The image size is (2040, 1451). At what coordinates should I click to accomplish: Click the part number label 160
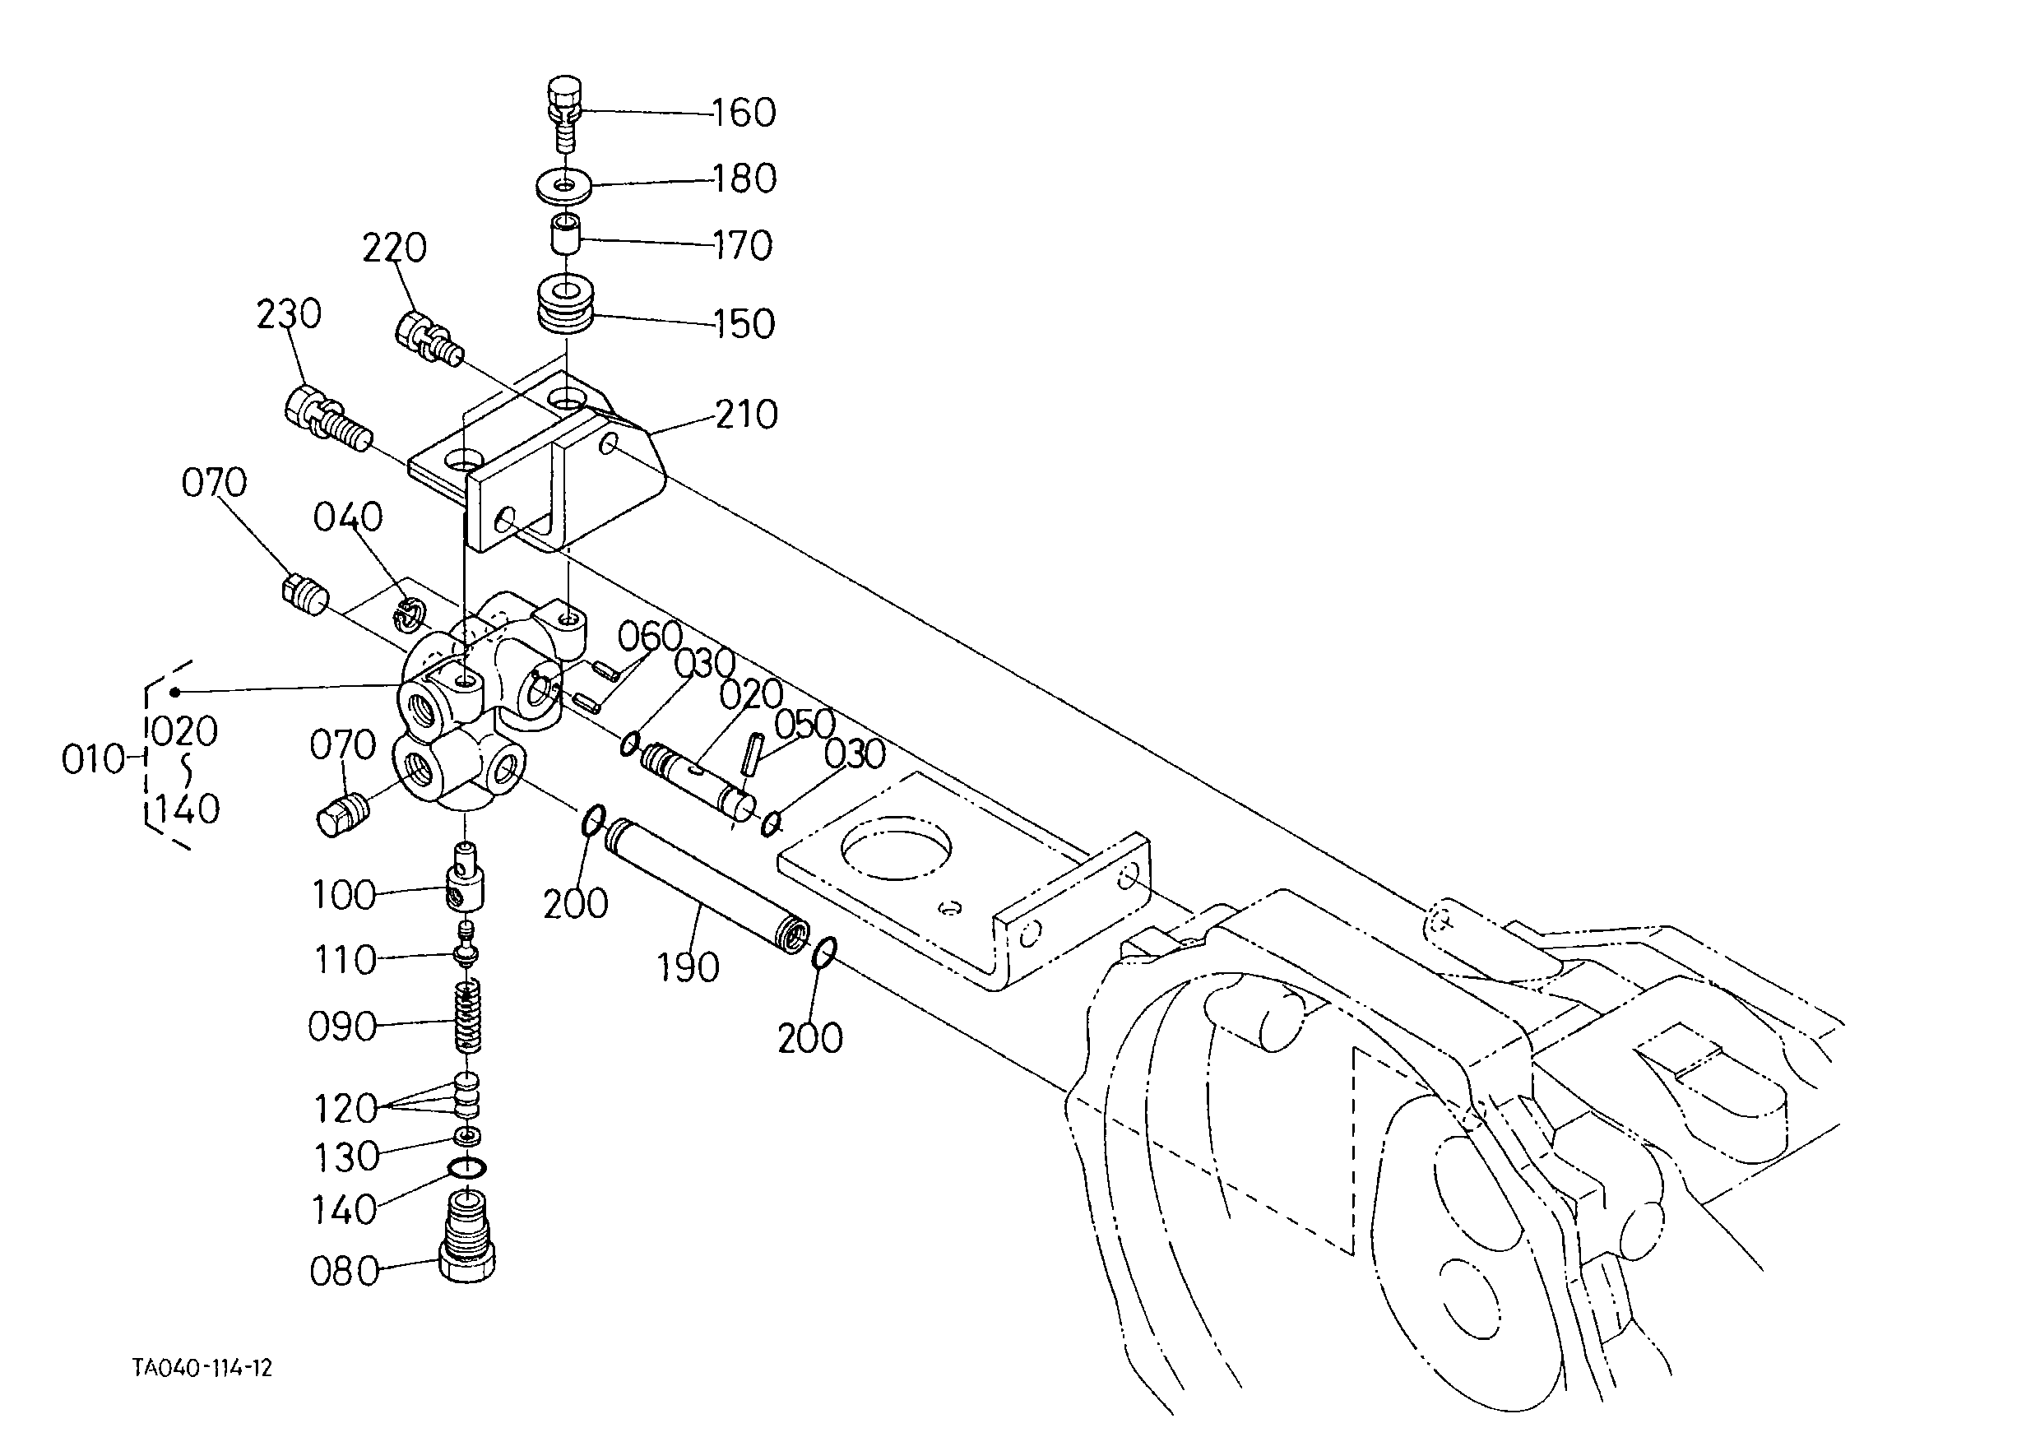pyautogui.click(x=744, y=113)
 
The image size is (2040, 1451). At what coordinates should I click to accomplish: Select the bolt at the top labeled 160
pyautogui.click(x=563, y=114)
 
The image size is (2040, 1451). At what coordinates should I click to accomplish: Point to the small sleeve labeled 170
pyautogui.click(x=563, y=234)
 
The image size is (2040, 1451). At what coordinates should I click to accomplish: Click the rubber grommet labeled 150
pyautogui.click(x=566, y=305)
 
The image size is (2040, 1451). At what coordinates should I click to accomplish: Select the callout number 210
pyautogui.click(x=746, y=415)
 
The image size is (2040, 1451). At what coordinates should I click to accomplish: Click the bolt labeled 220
pyautogui.click(x=428, y=339)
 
